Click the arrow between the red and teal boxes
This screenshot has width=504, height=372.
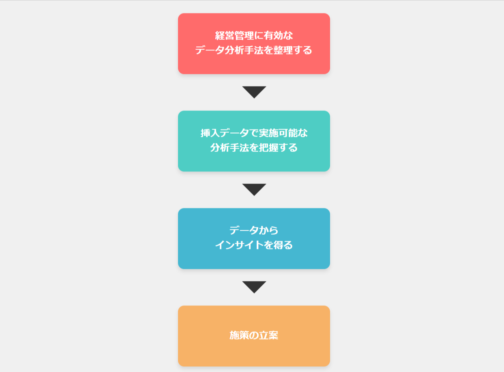[254, 92]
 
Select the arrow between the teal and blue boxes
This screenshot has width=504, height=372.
[254, 190]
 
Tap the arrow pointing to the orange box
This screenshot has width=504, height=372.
[254, 287]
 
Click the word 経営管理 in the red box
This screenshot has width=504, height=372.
[234, 36]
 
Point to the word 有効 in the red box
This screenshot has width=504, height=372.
[273, 36]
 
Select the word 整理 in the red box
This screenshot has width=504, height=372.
[283, 50]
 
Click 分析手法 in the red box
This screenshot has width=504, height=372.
[244, 50]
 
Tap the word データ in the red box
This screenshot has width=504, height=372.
[210, 50]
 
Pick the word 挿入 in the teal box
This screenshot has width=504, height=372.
[210, 133]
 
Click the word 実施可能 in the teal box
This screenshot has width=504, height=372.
[278, 133]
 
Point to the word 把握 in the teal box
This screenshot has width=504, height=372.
[268, 147]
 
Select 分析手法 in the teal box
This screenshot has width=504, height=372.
[229, 147]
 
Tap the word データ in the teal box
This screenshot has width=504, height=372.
[234, 133]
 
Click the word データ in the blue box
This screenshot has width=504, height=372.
[244, 231]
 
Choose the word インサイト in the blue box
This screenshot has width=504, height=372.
[239, 245]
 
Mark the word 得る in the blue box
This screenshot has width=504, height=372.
[283, 245]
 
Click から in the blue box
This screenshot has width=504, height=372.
[268, 231]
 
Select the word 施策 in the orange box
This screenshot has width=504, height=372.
[239, 335]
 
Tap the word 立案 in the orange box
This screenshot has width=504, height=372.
[269, 335]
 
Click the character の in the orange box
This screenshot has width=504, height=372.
[254, 335]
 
